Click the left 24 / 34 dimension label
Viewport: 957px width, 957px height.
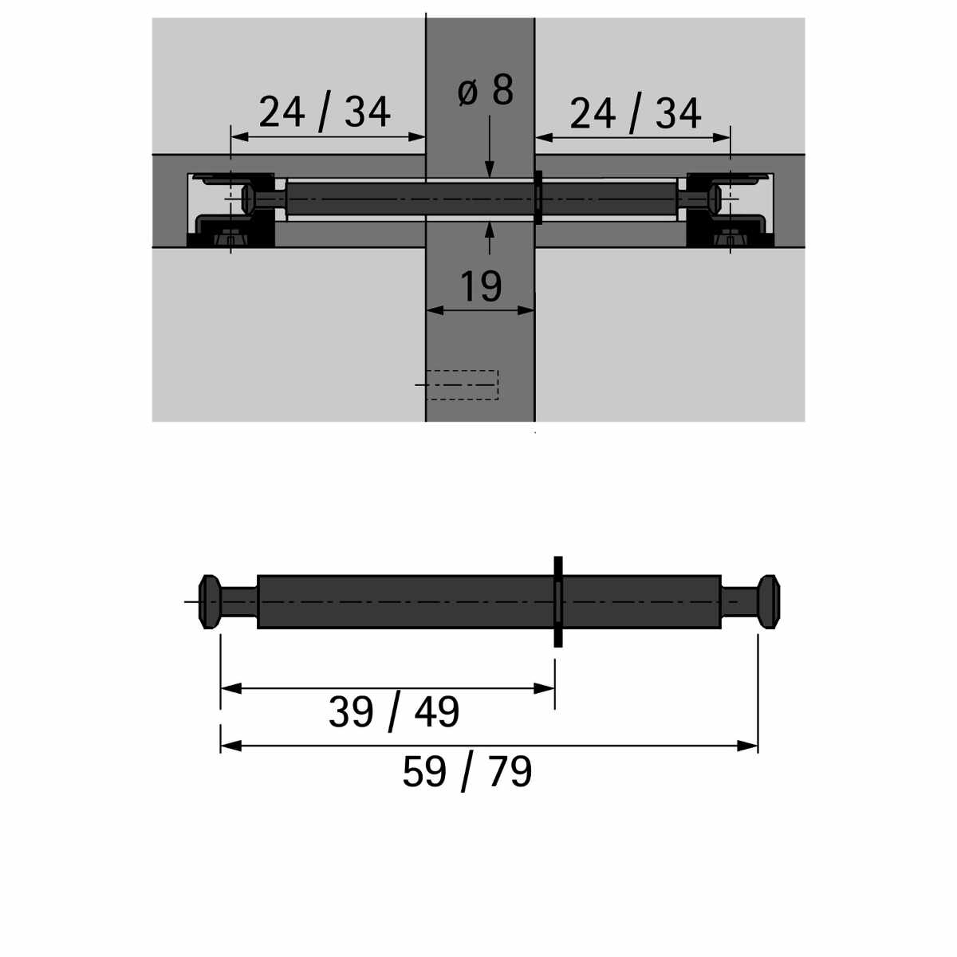tap(325, 112)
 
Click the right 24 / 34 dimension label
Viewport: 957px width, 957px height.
tap(635, 113)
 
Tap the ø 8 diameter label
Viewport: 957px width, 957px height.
tap(485, 90)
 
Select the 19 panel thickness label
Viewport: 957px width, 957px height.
tap(481, 286)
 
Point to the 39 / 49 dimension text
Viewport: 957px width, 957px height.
tap(394, 713)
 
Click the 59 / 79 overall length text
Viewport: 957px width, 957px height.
tap(467, 772)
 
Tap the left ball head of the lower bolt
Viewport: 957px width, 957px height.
tap(210, 602)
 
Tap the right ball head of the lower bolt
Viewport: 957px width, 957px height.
tap(769, 602)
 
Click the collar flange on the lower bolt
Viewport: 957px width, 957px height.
tap(557, 602)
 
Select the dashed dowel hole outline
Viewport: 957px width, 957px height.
tap(462, 385)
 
